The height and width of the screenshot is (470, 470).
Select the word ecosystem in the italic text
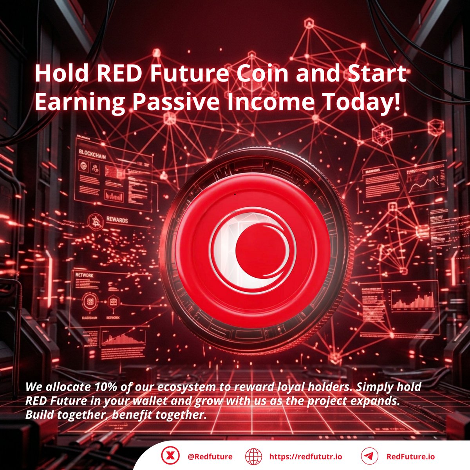pos(186,387)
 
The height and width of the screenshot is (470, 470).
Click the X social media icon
pos(170,456)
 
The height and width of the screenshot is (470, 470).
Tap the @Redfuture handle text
pos(210,457)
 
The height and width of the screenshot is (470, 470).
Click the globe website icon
pos(253,456)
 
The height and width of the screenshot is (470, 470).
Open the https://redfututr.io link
pos(305,457)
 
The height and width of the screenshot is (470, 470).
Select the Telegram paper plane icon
pos(369,456)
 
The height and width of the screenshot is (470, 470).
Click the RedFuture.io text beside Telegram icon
pos(410,457)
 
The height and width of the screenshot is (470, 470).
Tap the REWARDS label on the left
pos(117,220)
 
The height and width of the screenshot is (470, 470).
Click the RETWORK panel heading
pos(85,275)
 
